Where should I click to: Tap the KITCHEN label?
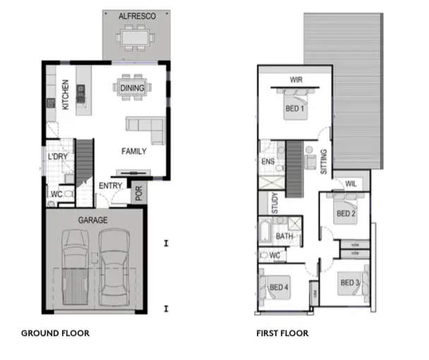(64, 93)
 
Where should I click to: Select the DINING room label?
(132, 88)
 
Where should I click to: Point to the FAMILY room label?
(133, 151)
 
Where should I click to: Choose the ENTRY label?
(111, 186)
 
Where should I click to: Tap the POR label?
(138, 193)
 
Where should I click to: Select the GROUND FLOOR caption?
(55, 332)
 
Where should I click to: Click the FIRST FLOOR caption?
(282, 332)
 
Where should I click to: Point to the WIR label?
(296, 79)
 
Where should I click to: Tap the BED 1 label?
(294, 109)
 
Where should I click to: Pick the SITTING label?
(324, 162)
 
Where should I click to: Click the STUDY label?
(275, 203)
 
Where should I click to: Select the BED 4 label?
(279, 287)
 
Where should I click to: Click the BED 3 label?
(350, 283)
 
